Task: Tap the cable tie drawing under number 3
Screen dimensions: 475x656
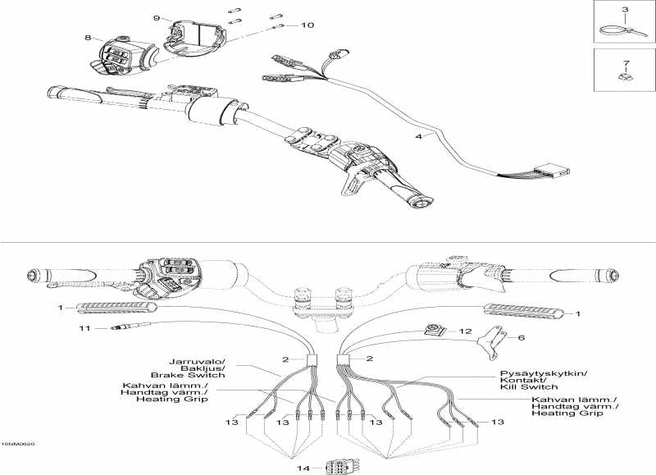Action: [618, 30]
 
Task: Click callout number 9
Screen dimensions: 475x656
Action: [157, 18]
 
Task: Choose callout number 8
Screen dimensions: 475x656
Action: [89, 38]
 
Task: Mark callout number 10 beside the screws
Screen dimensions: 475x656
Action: [307, 25]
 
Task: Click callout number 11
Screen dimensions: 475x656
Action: [82, 328]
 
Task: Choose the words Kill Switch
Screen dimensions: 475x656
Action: [533, 386]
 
